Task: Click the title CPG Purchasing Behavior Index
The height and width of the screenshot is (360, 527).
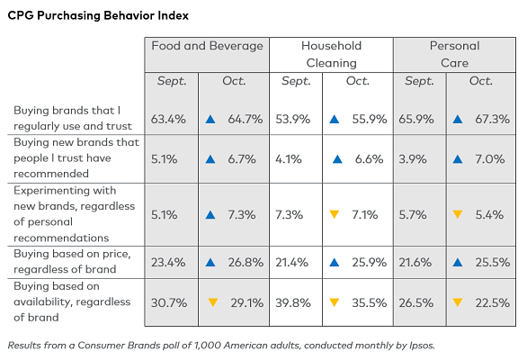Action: (98, 16)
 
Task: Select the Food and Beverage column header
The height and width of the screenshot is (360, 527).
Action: (207, 46)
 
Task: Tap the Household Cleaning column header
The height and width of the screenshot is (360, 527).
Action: (331, 54)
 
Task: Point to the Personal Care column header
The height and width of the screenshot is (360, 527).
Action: (455, 54)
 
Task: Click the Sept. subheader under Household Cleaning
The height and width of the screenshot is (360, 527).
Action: (296, 81)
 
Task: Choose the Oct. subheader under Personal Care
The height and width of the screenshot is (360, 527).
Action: (481, 81)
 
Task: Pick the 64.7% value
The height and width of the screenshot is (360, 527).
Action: (246, 119)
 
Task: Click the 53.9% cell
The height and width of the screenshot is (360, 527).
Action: (293, 119)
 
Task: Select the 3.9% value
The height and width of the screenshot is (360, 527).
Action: (413, 158)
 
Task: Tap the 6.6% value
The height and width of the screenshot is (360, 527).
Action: (369, 158)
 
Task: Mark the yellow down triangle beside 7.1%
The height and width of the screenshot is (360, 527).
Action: (334, 214)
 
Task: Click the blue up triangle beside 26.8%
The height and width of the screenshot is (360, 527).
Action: (210, 263)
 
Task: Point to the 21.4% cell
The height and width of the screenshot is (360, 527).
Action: (291, 263)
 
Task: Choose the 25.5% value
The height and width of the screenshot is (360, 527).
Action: (493, 263)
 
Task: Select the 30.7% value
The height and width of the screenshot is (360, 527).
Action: (169, 302)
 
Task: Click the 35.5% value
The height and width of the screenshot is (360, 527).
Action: (370, 302)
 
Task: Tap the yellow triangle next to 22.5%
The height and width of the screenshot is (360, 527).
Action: (458, 302)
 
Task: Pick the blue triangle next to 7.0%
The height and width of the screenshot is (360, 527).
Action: (458, 158)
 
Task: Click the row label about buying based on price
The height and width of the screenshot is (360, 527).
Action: (72, 261)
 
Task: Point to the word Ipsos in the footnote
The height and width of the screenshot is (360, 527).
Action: (422, 346)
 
